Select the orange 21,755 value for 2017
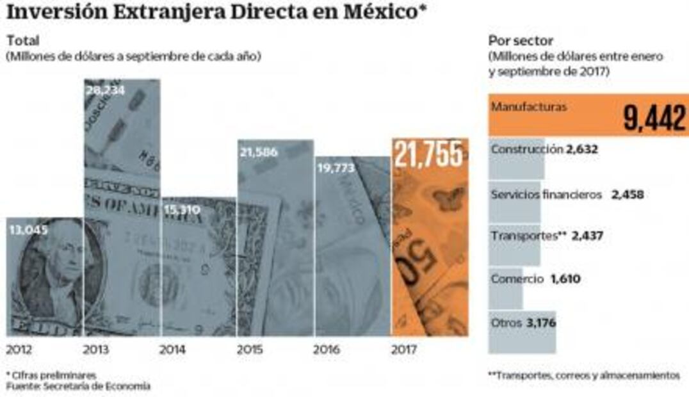[x=428, y=154]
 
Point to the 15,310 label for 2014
[x=182, y=209]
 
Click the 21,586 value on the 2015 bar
[x=259, y=152]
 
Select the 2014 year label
[x=172, y=350]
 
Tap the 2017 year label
[x=403, y=350]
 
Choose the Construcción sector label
[x=527, y=149]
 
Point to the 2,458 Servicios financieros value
[x=627, y=195]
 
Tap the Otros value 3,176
[x=541, y=323]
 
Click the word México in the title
[x=372, y=12]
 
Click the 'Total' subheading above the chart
[x=22, y=41]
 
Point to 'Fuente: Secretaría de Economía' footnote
[x=78, y=386]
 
